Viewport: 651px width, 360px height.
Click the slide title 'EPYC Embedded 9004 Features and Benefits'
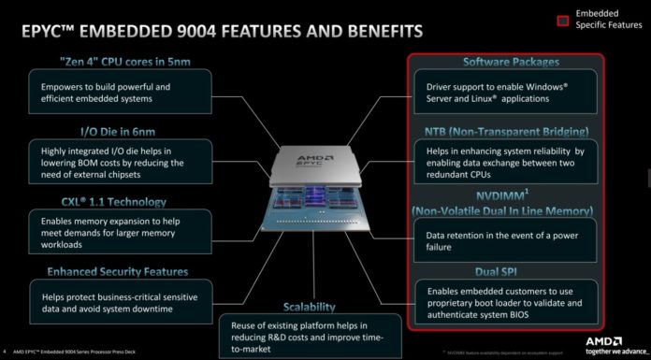pyautogui.click(x=216, y=33)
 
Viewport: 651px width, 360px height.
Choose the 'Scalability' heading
pyautogui.click(x=312, y=307)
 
